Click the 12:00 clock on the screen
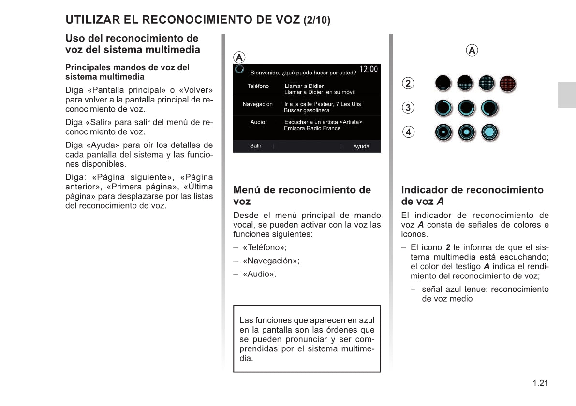tap(369, 69)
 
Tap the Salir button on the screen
tap(255, 146)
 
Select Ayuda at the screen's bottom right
tap(361, 146)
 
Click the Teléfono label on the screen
tap(258, 86)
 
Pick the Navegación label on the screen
tap(257, 104)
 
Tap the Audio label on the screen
tap(257, 122)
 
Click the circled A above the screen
tap(238, 57)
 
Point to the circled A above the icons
tap(472, 50)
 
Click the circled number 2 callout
tap(408, 83)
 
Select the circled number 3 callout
tap(408, 107)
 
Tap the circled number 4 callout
tap(408, 131)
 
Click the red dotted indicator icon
tap(507, 84)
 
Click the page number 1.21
tap(540, 383)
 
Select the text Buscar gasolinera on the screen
tap(307, 111)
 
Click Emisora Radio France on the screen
tap(312, 129)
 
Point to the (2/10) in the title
tap(317, 21)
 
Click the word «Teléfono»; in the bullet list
tap(265, 248)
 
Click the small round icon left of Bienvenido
tap(239, 70)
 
